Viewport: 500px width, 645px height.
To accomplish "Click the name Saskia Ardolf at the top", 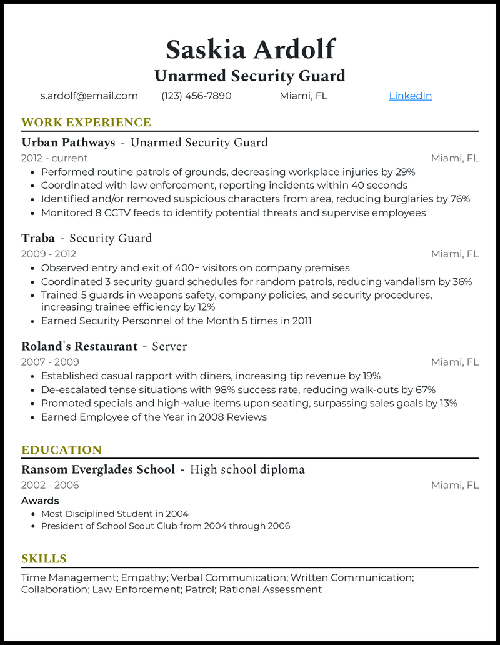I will (x=250, y=49).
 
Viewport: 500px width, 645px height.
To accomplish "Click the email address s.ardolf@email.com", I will (x=89, y=96).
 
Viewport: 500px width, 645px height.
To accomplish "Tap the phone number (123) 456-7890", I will (x=196, y=96).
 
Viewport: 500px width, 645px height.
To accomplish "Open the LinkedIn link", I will (x=410, y=96).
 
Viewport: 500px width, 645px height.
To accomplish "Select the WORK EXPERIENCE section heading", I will (x=86, y=122).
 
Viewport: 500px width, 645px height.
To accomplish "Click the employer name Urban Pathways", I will (x=68, y=142).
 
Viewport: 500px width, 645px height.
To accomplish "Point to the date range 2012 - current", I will (x=54, y=158).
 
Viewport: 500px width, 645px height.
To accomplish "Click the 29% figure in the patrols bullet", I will (x=405, y=172).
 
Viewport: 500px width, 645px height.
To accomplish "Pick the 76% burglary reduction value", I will (x=460, y=199).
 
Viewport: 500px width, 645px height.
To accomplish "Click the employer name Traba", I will (x=38, y=238).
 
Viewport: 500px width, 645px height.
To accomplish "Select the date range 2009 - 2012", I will (x=49, y=254).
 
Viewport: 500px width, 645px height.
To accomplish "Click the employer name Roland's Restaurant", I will (x=79, y=346).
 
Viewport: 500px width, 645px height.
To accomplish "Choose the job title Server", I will (x=169, y=346).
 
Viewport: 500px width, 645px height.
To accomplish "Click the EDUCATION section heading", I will (x=61, y=450).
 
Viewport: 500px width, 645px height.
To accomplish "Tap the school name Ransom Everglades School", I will (x=98, y=469).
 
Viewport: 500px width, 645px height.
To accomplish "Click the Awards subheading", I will (x=40, y=501).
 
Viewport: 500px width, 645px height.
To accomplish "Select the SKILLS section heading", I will (x=44, y=559).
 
